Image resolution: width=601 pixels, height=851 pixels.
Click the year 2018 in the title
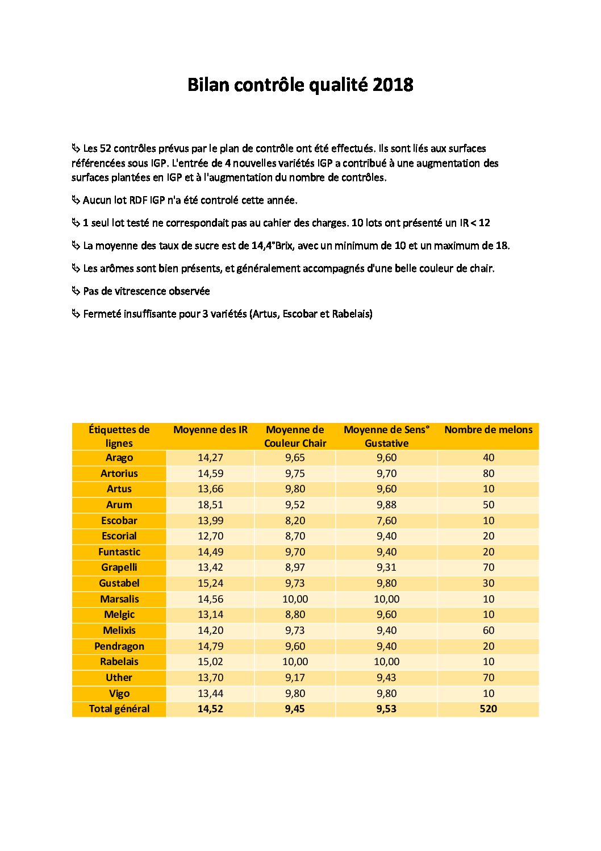coord(393,85)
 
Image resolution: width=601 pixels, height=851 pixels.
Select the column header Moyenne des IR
coord(210,430)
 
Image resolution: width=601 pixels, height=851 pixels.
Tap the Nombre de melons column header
coord(488,430)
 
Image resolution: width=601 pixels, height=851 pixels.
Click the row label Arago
coord(119,458)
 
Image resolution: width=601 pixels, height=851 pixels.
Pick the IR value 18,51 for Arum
coord(210,505)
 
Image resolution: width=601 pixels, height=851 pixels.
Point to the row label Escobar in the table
coord(119,521)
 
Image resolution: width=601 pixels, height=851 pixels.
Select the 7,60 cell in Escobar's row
coord(386,521)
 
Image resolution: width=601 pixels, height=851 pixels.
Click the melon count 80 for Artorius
coord(488,474)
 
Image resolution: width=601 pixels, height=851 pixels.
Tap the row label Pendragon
coord(119,646)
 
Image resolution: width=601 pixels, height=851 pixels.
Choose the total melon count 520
coord(488,709)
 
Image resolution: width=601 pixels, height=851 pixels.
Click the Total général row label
coord(119,709)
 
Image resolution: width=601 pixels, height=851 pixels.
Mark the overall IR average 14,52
coord(210,709)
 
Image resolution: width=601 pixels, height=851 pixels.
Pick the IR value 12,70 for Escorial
coord(210,536)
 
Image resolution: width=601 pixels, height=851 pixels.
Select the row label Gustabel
coord(119,583)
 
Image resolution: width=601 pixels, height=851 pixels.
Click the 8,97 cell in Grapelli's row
coord(295,567)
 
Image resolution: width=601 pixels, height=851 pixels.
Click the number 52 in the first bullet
coord(105,148)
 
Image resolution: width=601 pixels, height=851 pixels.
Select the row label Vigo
coord(119,694)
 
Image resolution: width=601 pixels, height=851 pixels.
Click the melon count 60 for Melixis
coord(488,630)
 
